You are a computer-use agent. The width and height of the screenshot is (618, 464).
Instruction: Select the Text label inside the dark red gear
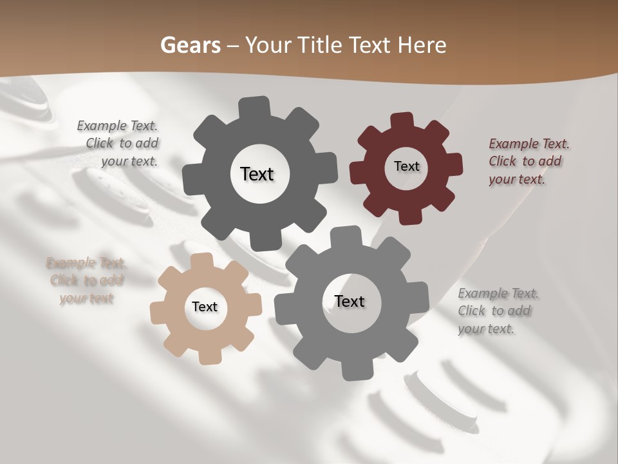(x=406, y=166)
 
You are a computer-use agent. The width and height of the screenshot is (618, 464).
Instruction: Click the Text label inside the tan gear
(x=205, y=307)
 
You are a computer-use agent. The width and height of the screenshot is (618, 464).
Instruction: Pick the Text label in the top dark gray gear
(x=257, y=174)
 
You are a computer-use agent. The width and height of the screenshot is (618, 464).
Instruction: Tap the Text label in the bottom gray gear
(x=350, y=301)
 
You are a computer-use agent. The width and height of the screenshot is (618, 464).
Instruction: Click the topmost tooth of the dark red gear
(x=402, y=121)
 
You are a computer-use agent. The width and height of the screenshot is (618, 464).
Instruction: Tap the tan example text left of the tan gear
(x=86, y=280)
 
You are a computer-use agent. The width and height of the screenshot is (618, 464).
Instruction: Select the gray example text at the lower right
(x=497, y=311)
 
